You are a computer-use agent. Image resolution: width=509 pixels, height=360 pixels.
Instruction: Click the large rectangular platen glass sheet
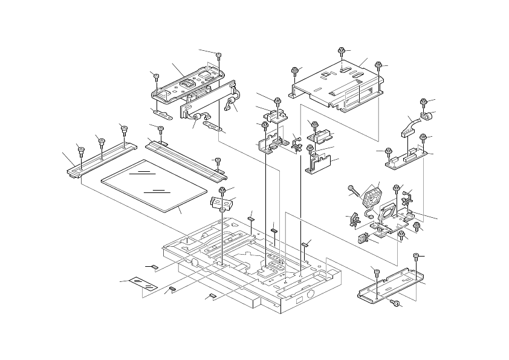click(142, 185)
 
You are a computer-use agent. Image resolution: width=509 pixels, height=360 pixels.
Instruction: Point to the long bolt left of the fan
click(354, 192)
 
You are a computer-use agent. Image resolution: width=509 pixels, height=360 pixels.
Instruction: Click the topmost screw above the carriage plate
click(219, 56)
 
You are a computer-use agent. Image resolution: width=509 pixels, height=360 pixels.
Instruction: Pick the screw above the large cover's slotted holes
click(342, 51)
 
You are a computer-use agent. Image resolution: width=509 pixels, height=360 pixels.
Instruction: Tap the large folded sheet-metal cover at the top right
click(339, 85)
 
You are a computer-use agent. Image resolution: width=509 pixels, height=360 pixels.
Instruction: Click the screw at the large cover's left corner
click(294, 71)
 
